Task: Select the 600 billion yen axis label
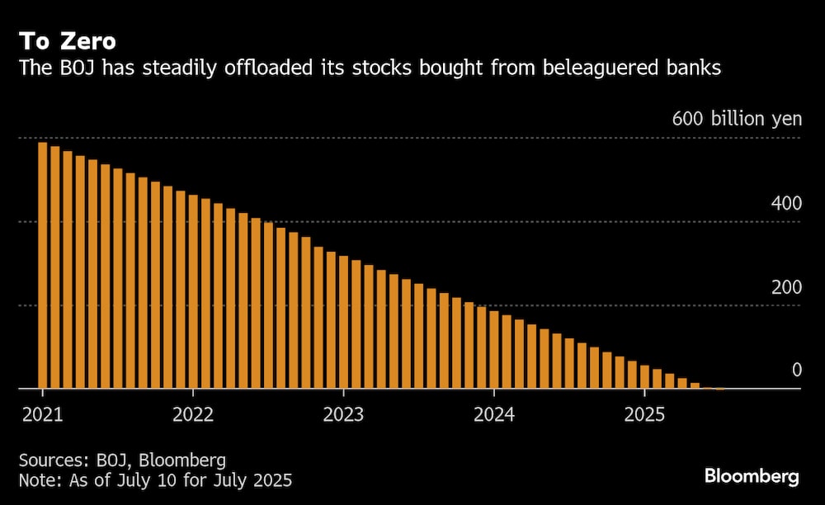(737, 119)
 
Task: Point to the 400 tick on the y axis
(785, 203)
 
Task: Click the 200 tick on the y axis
(785, 287)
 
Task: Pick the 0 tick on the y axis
(797, 370)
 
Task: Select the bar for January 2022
(193, 292)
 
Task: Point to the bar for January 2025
(644, 377)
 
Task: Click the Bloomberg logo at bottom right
(752, 476)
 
